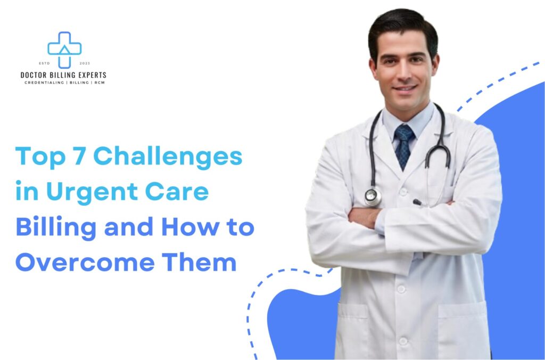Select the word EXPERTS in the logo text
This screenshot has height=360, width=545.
(x=91, y=76)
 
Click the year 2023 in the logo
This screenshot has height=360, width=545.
(x=85, y=63)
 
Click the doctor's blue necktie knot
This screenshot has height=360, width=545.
(x=404, y=131)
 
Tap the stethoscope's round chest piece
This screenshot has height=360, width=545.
(x=373, y=197)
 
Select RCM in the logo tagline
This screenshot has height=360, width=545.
(x=100, y=83)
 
